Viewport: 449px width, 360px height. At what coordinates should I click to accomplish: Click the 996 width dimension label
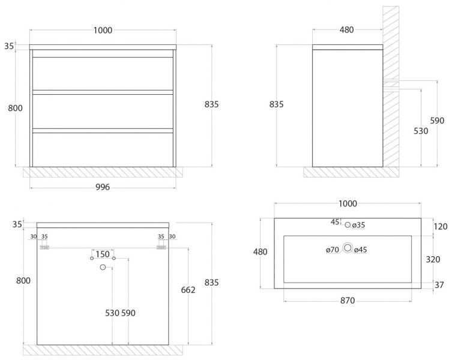(103, 187)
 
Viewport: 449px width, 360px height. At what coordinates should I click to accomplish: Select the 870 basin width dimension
(348, 301)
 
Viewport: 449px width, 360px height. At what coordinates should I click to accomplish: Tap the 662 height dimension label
(188, 290)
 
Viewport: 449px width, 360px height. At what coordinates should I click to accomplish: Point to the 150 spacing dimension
(103, 254)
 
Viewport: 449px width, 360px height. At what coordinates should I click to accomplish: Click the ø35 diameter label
(358, 225)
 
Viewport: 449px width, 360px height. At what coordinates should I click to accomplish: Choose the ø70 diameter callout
(332, 250)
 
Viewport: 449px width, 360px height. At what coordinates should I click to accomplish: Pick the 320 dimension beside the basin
(433, 259)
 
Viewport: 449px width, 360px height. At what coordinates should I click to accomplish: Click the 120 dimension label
(441, 227)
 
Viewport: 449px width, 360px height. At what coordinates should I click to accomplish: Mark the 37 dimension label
(439, 285)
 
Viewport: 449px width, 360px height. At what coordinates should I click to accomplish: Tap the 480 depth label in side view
(347, 30)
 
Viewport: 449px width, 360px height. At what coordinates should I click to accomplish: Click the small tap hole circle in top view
(348, 224)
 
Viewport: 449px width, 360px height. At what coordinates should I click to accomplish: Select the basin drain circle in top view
(348, 248)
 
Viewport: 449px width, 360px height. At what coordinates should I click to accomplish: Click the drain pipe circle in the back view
(103, 267)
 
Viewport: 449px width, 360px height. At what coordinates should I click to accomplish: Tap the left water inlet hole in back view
(92, 258)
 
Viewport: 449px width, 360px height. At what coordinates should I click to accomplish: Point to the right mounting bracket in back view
(161, 247)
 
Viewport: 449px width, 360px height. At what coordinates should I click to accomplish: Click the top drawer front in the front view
(103, 74)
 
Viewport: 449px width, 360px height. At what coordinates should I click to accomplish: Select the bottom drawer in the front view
(103, 149)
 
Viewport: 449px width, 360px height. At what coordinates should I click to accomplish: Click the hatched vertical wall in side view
(391, 86)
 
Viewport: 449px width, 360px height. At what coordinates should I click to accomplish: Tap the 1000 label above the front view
(103, 30)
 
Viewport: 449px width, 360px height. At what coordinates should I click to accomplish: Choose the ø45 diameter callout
(361, 250)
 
